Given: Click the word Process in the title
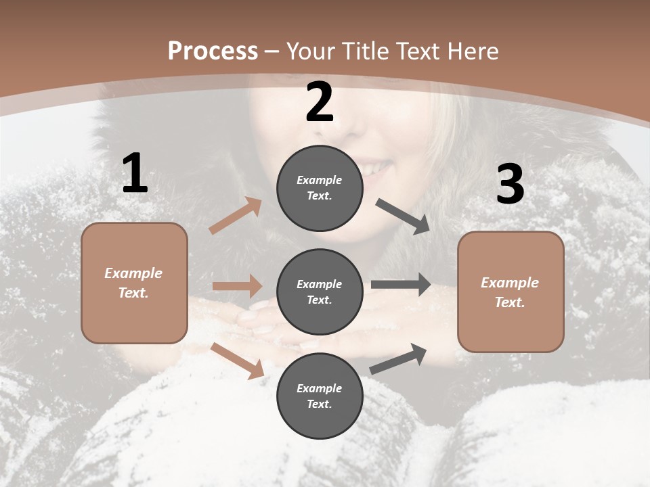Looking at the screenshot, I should point(213,51).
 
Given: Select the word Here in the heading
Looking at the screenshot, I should point(473,51).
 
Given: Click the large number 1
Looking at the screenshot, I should point(135,175).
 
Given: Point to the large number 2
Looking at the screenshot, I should point(320,103).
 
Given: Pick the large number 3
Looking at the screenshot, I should point(510,185).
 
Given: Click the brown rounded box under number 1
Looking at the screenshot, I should point(134,283).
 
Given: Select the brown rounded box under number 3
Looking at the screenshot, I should point(511,292).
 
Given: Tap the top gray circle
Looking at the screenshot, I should point(320,188).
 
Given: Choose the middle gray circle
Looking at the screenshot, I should point(320,292).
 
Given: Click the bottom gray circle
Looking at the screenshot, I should point(320,396).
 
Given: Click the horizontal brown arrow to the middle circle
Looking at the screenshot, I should point(237,286).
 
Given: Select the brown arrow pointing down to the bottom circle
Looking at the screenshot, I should point(237,360).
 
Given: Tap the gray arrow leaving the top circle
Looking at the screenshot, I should point(402,216).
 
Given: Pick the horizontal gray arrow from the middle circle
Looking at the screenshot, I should point(400,285).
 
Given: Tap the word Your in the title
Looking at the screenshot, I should point(309,51).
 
